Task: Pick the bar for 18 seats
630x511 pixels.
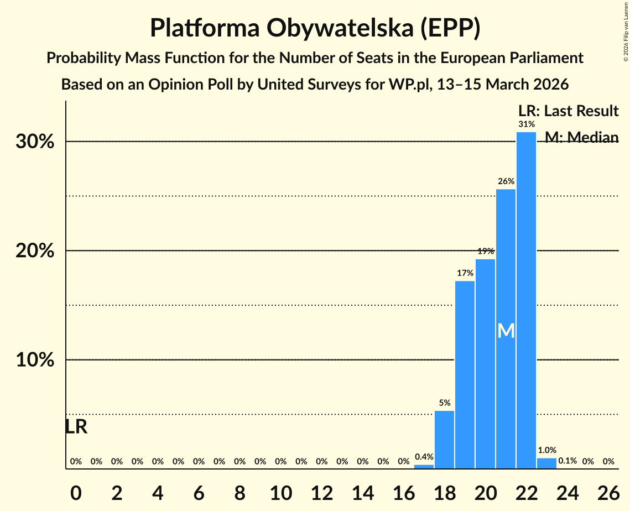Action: point(444,440)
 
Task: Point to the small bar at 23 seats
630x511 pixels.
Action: point(546,463)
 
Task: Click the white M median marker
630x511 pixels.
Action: point(506,331)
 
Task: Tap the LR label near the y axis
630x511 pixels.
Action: point(76,427)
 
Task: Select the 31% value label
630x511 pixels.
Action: point(526,124)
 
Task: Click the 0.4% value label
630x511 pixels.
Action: point(424,457)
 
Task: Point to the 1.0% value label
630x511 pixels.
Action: point(547,450)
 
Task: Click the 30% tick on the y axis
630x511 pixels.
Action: point(34,142)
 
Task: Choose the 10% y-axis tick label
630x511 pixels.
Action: point(34,360)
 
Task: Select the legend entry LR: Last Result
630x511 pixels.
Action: point(568,111)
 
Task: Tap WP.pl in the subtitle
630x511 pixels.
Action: point(413,85)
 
